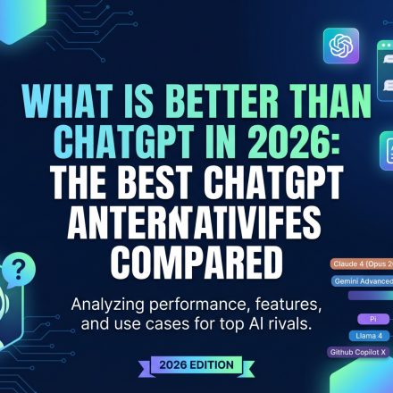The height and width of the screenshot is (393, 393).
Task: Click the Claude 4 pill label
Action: coord(361,265)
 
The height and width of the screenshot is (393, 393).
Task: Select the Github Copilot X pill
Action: coord(361,352)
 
